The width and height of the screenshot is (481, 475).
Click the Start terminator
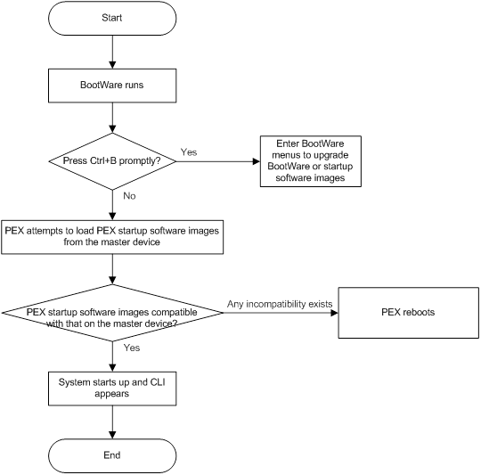coord(112,18)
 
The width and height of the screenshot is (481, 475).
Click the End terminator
coord(112,455)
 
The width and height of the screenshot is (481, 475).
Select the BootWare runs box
coord(112,86)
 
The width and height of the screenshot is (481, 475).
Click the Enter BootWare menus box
coord(310,160)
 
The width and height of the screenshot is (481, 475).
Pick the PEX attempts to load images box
coord(112,235)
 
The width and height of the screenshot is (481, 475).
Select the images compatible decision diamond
coord(112,317)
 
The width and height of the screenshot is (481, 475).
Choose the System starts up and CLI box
coord(112,386)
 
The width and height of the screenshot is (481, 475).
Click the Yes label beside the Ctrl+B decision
coord(189,152)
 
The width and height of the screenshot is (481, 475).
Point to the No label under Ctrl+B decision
coord(130,195)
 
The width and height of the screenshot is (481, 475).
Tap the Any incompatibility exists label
coord(280,304)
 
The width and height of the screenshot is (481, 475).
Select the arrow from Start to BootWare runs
coord(112,52)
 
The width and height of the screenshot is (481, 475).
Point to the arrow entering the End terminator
coord(112,422)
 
